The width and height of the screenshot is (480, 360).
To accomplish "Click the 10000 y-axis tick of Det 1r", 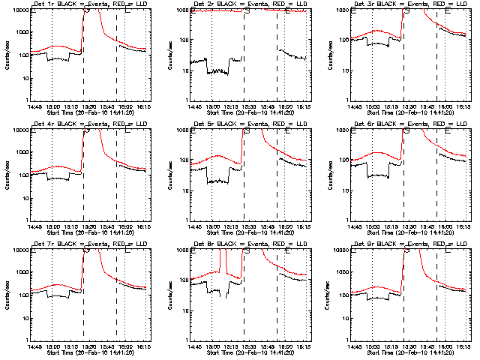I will [x=18, y=10].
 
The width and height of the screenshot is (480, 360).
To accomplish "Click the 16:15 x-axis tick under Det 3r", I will [x=463, y=106].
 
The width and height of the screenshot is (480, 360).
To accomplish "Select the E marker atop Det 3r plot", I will [x=448, y=10].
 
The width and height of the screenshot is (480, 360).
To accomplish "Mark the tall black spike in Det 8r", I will [x=223, y=262].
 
